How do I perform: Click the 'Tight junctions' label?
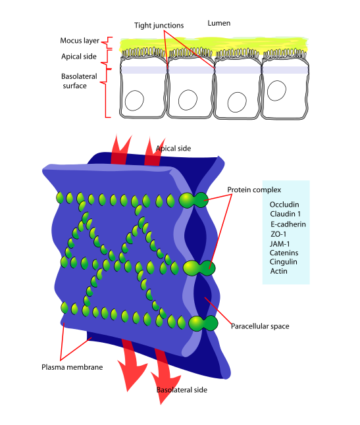point(159,26)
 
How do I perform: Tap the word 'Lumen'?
point(219,23)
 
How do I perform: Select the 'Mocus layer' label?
point(80,41)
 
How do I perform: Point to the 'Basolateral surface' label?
point(79,81)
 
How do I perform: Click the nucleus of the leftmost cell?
point(134,101)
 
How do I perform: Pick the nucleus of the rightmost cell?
point(276,91)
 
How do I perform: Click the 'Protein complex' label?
point(254,189)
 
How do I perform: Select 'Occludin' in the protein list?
point(284,205)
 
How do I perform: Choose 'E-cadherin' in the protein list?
point(288,224)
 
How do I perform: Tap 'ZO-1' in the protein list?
point(278,234)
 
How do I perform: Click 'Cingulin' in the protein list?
point(283,262)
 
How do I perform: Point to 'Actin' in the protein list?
point(278,271)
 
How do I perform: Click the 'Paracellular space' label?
point(260,326)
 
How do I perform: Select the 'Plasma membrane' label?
point(72,367)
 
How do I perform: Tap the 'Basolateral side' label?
point(182,389)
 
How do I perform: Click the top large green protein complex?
point(193,200)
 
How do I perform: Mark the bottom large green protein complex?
point(203,323)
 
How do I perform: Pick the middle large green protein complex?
point(199,268)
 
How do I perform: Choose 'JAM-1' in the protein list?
point(280,244)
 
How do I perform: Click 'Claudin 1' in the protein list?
point(285,214)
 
